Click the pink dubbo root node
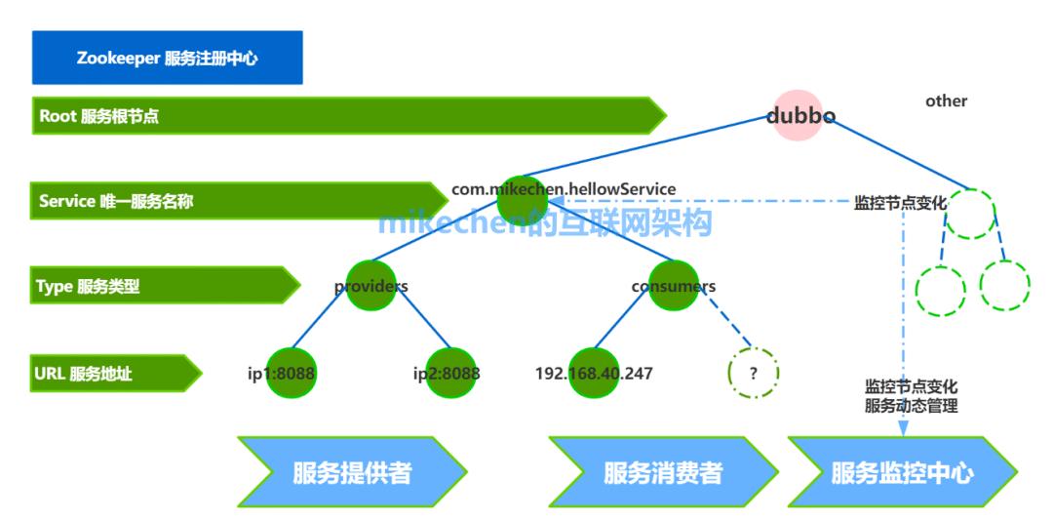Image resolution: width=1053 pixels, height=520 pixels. (800, 115)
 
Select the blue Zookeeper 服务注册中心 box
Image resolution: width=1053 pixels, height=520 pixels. (168, 58)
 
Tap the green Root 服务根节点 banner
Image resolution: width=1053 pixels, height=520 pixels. (341, 116)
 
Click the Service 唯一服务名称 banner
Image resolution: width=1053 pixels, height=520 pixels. (234, 202)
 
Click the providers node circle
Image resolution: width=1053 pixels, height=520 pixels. (370, 286)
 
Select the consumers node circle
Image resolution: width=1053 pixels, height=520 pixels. (674, 286)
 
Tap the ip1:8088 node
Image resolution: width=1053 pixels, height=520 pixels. (292, 373)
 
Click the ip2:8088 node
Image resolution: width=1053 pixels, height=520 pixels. (450, 373)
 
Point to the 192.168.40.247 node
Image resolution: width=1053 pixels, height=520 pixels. (594, 373)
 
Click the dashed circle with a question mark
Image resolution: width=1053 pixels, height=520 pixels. (754, 373)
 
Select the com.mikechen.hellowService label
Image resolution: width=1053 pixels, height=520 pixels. (564, 188)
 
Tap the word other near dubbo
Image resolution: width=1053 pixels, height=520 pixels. (946, 100)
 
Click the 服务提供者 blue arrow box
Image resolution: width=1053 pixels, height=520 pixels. (352, 473)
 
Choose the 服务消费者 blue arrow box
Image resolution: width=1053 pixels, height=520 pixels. (663, 473)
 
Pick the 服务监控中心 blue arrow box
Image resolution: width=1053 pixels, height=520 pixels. (902, 473)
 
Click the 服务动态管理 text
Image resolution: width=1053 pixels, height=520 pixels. (911, 406)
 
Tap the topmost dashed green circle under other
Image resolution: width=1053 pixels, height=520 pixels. (972, 214)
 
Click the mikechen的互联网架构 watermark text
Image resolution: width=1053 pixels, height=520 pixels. (545, 222)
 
